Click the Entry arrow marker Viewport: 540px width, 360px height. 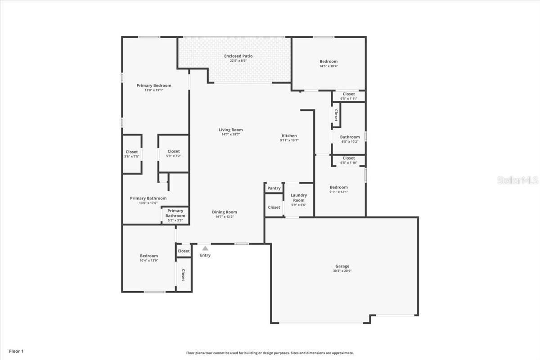click(205, 248)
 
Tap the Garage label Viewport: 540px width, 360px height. click(342, 266)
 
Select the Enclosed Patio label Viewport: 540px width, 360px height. click(238, 56)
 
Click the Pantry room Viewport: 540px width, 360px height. click(274, 188)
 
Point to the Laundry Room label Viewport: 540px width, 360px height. click(299, 198)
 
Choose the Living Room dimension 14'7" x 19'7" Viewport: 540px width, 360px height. click(231, 135)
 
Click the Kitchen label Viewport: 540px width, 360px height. click(289, 135)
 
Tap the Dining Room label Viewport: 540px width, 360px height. click(225, 212)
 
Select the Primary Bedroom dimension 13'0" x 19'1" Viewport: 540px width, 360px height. click(154, 90)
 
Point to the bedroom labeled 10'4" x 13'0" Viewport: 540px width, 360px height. click(148, 258)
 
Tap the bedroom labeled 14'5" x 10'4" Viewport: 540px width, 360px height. click(328, 63)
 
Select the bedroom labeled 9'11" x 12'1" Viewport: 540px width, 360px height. click(338, 189)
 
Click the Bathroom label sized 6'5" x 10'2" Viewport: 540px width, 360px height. click(350, 139)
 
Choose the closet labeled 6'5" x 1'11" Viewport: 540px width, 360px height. click(349, 96)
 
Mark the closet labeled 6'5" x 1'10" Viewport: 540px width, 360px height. click(349, 160)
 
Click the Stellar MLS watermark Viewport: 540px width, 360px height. click(517, 180)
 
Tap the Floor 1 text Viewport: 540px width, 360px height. click(16, 351)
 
